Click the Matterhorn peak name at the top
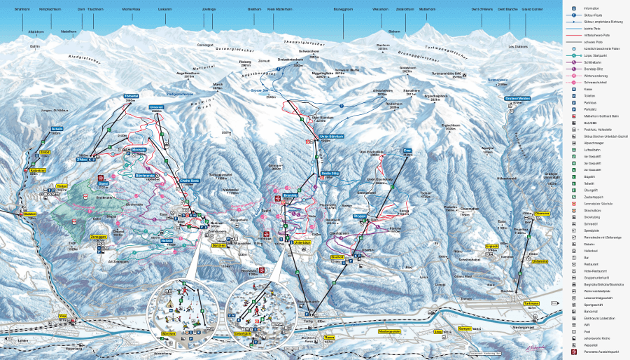click(x=427, y=10)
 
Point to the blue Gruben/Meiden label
click(x=515, y=98)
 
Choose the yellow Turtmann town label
click(x=531, y=303)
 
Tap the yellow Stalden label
click(x=29, y=214)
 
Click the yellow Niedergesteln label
click(x=388, y=331)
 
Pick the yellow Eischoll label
click(x=337, y=257)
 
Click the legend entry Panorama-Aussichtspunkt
click(x=595, y=352)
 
